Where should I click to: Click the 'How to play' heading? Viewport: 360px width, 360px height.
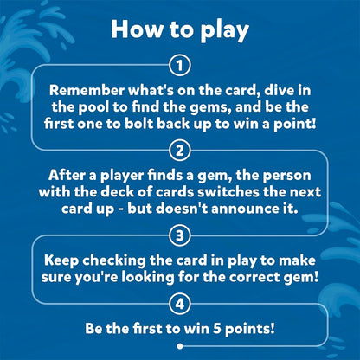(180, 30)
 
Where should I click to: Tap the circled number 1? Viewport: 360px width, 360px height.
(180, 66)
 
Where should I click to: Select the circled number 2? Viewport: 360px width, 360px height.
(180, 151)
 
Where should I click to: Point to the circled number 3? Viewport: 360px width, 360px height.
(180, 235)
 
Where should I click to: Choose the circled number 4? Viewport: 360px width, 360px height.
(180, 304)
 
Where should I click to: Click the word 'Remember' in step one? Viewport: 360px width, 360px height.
(87, 90)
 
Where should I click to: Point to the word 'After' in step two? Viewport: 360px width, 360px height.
(67, 175)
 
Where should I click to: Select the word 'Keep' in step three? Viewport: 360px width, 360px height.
(61, 261)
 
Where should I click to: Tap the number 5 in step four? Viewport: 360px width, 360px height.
(217, 328)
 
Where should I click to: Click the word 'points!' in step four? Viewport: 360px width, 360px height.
(250, 329)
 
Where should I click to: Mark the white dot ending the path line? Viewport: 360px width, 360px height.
(180, 346)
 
